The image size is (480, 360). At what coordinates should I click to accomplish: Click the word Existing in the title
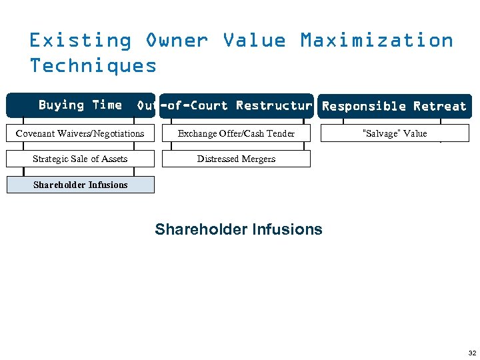click(80, 40)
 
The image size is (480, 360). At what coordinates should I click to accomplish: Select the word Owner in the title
click(177, 40)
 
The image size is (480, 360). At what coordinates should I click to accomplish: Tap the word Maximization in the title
click(377, 40)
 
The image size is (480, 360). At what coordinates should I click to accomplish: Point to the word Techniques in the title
click(93, 65)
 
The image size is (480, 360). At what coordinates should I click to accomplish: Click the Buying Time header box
click(80, 105)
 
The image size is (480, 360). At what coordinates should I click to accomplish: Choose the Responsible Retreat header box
click(394, 106)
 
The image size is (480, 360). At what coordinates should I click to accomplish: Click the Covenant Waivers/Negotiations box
click(80, 133)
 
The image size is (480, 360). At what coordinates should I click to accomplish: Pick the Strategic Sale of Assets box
click(80, 159)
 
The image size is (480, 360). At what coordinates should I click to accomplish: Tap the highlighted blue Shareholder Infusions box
click(80, 185)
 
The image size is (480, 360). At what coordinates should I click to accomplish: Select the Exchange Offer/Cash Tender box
click(236, 133)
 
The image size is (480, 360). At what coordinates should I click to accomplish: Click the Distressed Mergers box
click(236, 159)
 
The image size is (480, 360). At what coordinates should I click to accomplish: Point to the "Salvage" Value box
click(394, 133)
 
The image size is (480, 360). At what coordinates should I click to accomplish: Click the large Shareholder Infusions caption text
click(239, 229)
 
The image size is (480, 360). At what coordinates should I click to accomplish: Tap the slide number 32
click(472, 353)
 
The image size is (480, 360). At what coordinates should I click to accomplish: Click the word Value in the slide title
click(254, 40)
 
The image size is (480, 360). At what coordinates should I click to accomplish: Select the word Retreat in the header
click(439, 106)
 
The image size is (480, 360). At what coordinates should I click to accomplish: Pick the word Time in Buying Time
click(107, 105)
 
